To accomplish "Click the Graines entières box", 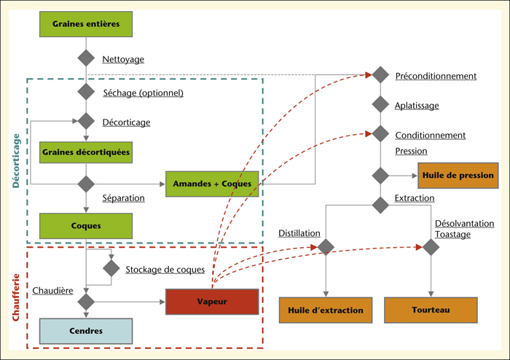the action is (x=86, y=24).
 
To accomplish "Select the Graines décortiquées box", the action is (x=86, y=152).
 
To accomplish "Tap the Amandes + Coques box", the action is (x=212, y=184).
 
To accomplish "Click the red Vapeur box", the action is (x=212, y=302).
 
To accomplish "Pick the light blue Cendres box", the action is (x=86, y=331).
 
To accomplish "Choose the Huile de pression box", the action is (x=458, y=176).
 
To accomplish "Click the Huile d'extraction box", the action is (x=326, y=310).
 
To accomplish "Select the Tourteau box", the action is (x=431, y=310).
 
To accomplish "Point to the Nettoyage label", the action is (x=123, y=59).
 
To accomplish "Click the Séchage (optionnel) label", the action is (x=143, y=93).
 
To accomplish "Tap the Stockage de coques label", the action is (x=165, y=270).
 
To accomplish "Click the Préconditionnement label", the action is (x=436, y=76).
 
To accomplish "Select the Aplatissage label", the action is (x=417, y=106).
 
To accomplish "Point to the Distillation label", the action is (x=299, y=233).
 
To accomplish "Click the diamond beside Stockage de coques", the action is (x=111, y=268).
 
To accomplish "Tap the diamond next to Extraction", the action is (x=380, y=205).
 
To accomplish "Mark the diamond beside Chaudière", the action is (x=86, y=302).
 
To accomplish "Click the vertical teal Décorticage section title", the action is (x=15, y=160).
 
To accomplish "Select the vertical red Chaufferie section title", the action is (x=15, y=297).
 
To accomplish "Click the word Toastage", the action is (x=452, y=235).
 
